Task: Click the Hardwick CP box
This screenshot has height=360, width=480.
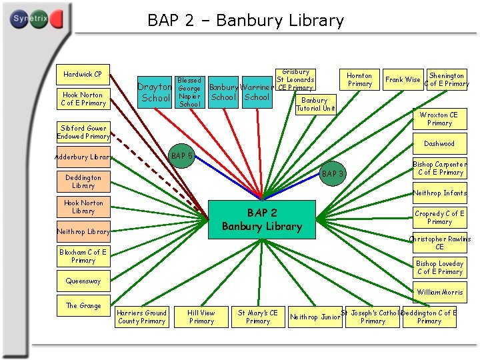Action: [83, 75]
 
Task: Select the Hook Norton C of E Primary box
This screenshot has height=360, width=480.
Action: [83, 99]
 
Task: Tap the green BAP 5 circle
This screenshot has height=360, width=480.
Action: [181, 156]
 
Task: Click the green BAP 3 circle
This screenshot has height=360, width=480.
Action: [332, 174]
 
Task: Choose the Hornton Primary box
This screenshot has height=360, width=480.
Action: [360, 80]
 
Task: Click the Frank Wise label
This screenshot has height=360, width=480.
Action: [403, 80]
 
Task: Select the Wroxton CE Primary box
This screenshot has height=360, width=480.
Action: [439, 119]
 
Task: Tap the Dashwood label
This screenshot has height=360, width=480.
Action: [439, 144]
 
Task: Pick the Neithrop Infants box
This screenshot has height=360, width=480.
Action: [439, 193]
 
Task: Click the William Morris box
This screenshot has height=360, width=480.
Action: [439, 292]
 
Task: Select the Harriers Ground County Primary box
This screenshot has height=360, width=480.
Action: [141, 317]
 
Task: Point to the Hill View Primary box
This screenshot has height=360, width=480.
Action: [201, 317]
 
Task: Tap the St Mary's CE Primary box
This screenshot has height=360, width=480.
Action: [258, 317]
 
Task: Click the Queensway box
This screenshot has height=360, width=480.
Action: [83, 281]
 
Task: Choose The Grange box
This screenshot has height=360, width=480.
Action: [83, 306]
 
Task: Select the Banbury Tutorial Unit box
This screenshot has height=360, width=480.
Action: [315, 105]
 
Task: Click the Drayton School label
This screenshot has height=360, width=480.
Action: [154, 93]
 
